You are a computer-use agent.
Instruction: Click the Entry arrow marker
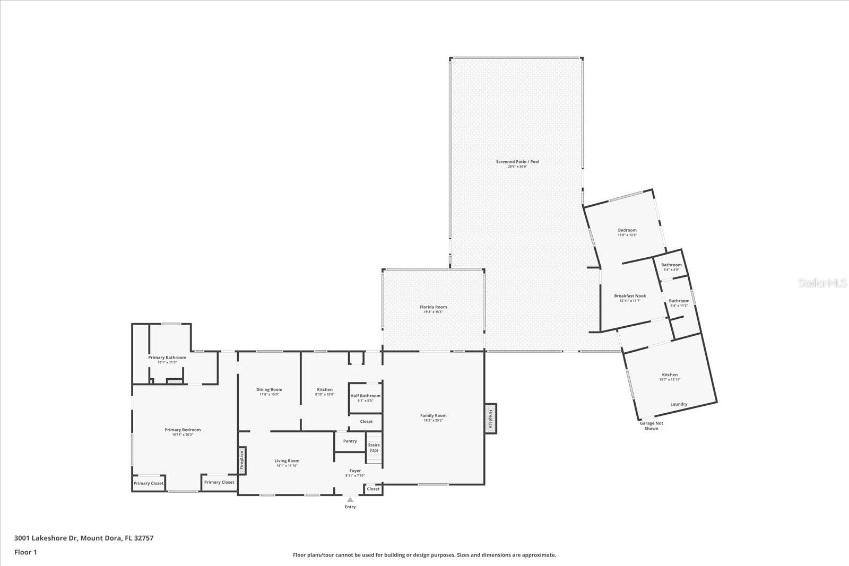pyautogui.click(x=350, y=499)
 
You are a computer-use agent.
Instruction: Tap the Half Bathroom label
pyautogui.click(x=366, y=396)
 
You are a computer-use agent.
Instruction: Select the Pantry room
pyautogui.click(x=350, y=441)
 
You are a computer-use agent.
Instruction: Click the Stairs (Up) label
pyautogui.click(x=374, y=447)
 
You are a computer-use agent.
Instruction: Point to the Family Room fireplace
pyautogui.click(x=491, y=419)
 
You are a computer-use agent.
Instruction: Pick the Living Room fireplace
pyautogui.click(x=242, y=460)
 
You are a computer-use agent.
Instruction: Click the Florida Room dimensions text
pyautogui.click(x=433, y=312)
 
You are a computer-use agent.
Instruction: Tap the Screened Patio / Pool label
pyautogui.click(x=517, y=161)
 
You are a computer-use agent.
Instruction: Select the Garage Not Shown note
pyautogui.click(x=651, y=425)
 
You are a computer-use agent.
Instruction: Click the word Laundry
pyautogui.click(x=679, y=404)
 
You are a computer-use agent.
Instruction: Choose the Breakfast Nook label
pyautogui.click(x=630, y=296)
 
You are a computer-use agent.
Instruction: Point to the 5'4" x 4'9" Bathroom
pyautogui.click(x=671, y=267)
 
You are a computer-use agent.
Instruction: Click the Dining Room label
pyautogui.click(x=269, y=389)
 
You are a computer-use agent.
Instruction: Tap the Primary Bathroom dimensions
pyautogui.click(x=167, y=362)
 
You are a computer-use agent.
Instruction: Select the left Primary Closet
pyautogui.click(x=149, y=483)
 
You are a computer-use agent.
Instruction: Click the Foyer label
pyautogui.click(x=355, y=471)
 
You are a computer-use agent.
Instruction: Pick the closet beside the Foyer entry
pyautogui.click(x=373, y=489)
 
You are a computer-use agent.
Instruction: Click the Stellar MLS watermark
pyautogui.click(x=823, y=283)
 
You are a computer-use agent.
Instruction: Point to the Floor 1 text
pyautogui.click(x=25, y=552)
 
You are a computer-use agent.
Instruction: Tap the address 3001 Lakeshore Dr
pyautogui.click(x=84, y=538)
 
